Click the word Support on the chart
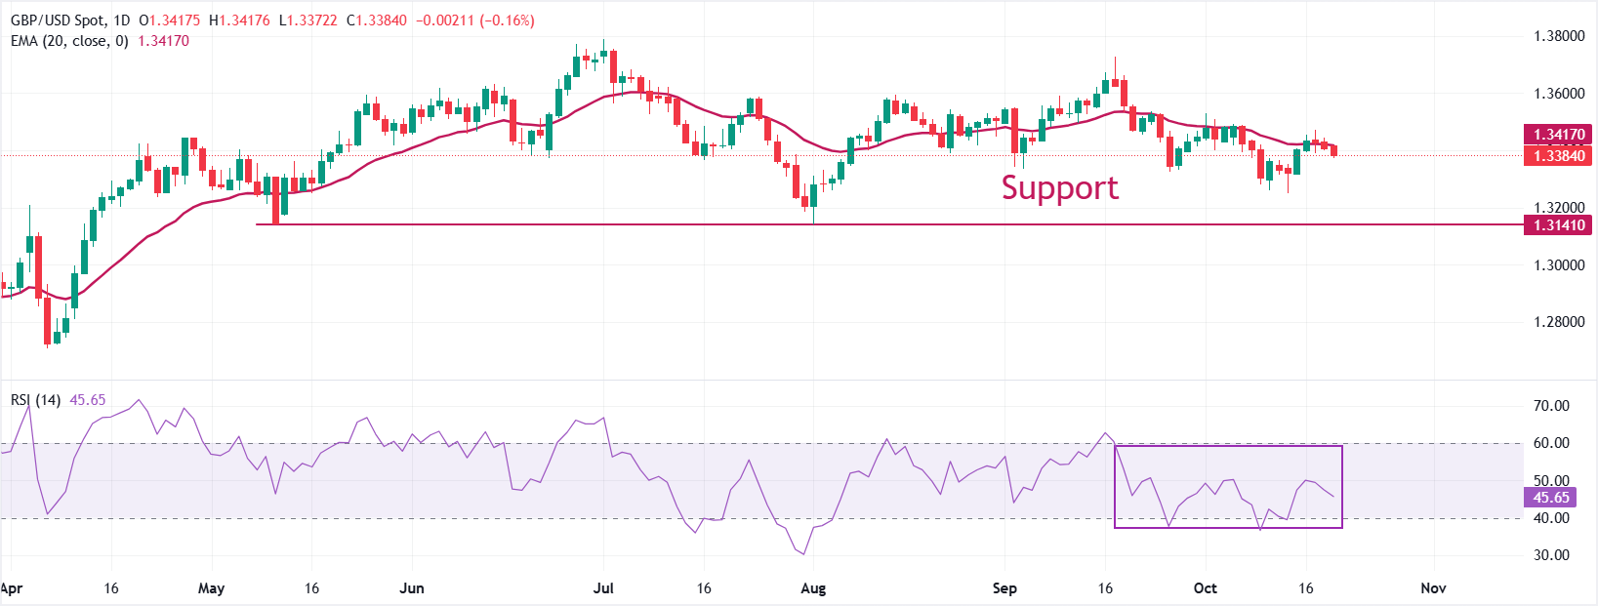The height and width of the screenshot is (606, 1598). coord(1059,187)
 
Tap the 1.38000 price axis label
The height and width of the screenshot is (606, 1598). coord(1559,36)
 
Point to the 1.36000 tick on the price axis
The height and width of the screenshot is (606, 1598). coord(1559,94)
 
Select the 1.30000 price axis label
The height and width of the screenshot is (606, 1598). coord(1559,265)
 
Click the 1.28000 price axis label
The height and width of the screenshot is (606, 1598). coord(1559,322)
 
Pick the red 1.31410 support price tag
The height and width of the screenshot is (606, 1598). coord(1558,225)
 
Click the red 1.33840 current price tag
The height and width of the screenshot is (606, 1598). coord(1558,156)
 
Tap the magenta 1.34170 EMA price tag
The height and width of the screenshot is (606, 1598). coord(1558,135)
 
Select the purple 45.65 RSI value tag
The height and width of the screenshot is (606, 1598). coord(1550,498)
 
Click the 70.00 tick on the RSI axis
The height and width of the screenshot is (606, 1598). coord(1551,406)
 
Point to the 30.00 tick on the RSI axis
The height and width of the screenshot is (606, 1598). coord(1551,555)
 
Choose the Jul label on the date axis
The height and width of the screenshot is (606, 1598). coord(603,588)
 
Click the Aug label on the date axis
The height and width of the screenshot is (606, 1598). coord(813,588)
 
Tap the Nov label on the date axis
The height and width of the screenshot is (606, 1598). coord(1433,588)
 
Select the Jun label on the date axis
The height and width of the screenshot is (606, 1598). coord(412,588)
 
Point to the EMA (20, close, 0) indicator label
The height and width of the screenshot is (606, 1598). coord(69,41)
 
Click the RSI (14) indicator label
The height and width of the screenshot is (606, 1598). coord(35,400)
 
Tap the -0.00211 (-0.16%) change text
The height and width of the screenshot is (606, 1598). coord(475,20)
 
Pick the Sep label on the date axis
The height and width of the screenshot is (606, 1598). coord(1004,588)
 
